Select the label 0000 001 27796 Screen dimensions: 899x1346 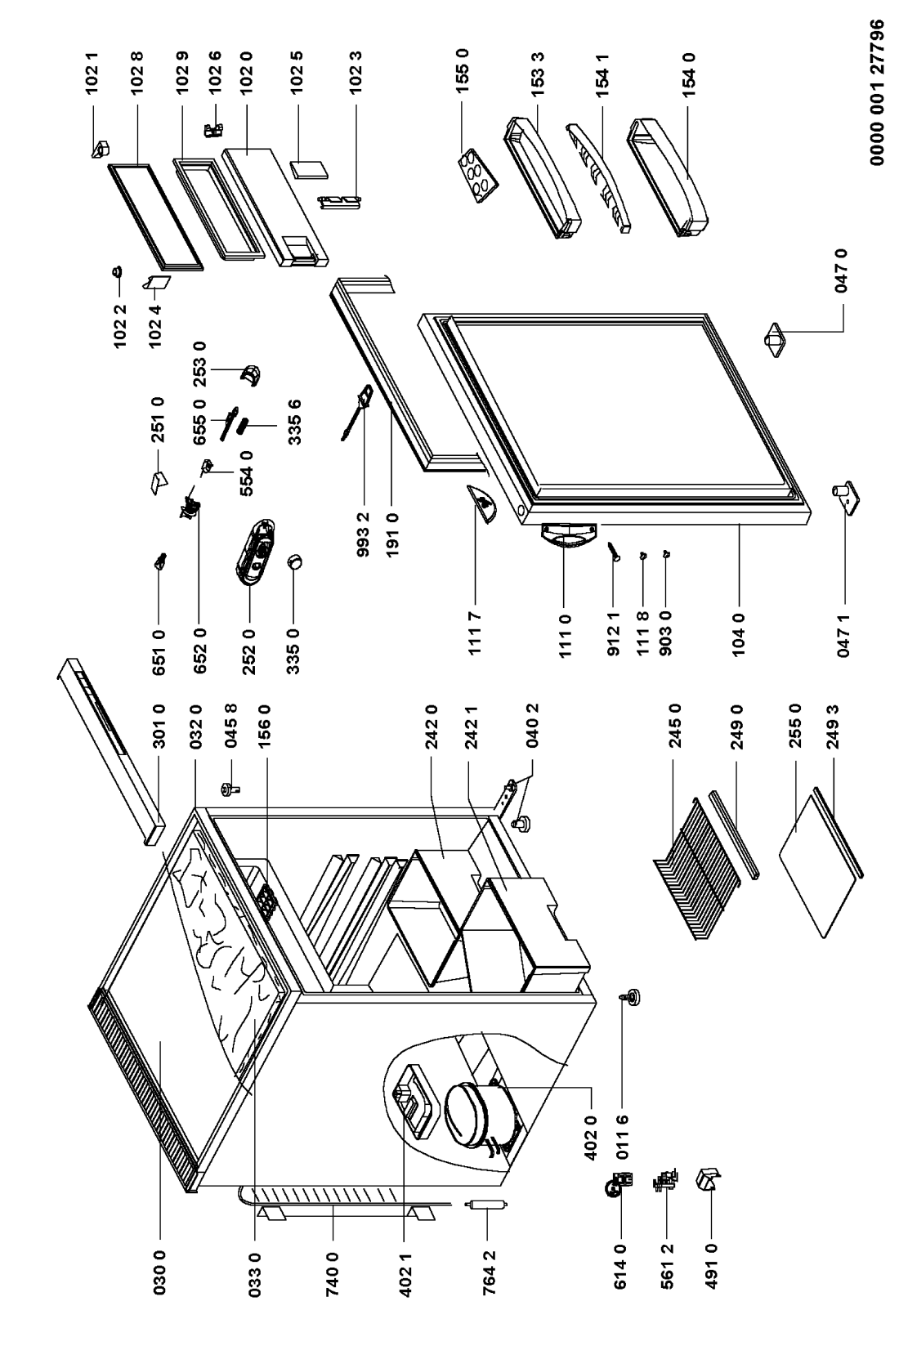click(x=877, y=92)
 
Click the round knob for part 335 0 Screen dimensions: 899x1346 click(x=294, y=561)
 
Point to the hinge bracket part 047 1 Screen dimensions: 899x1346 click(x=846, y=499)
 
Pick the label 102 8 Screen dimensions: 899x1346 click(x=137, y=73)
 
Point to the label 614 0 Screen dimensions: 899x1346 click(x=619, y=1266)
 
